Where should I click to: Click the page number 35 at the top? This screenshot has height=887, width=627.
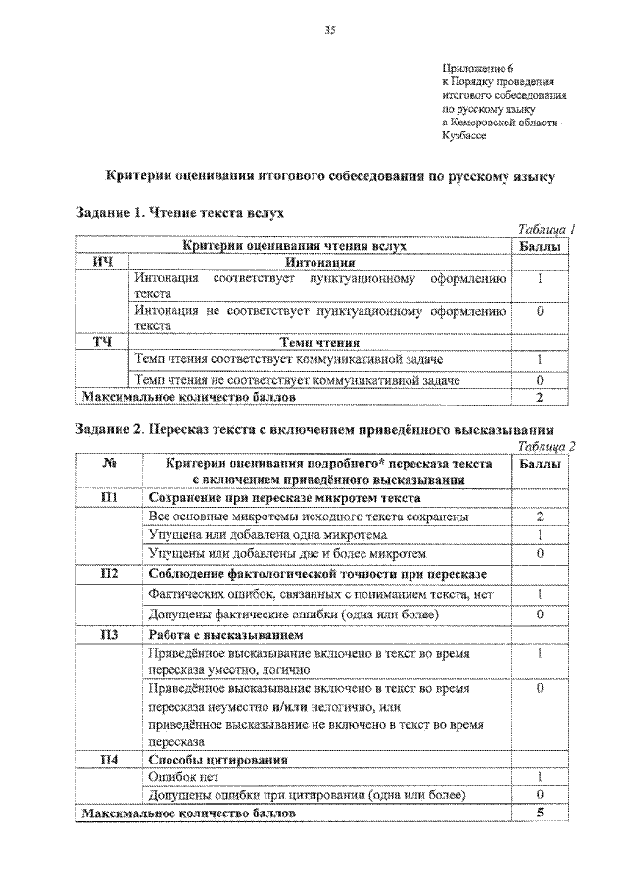[x=330, y=31]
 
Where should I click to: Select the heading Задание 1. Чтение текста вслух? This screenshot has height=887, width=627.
[x=182, y=211]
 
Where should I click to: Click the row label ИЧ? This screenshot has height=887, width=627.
[x=103, y=263]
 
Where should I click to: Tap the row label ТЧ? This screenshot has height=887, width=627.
[x=103, y=343]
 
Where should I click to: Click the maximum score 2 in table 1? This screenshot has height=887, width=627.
[x=539, y=397]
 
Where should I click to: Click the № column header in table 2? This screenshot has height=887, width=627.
[x=110, y=464]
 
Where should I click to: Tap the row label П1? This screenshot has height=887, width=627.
[x=110, y=497]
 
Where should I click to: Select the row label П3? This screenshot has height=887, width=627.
[x=110, y=634]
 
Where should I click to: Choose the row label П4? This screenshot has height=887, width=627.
[x=110, y=759]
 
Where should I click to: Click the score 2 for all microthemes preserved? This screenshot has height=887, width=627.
[x=540, y=516]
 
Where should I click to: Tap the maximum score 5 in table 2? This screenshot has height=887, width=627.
[x=540, y=813]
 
